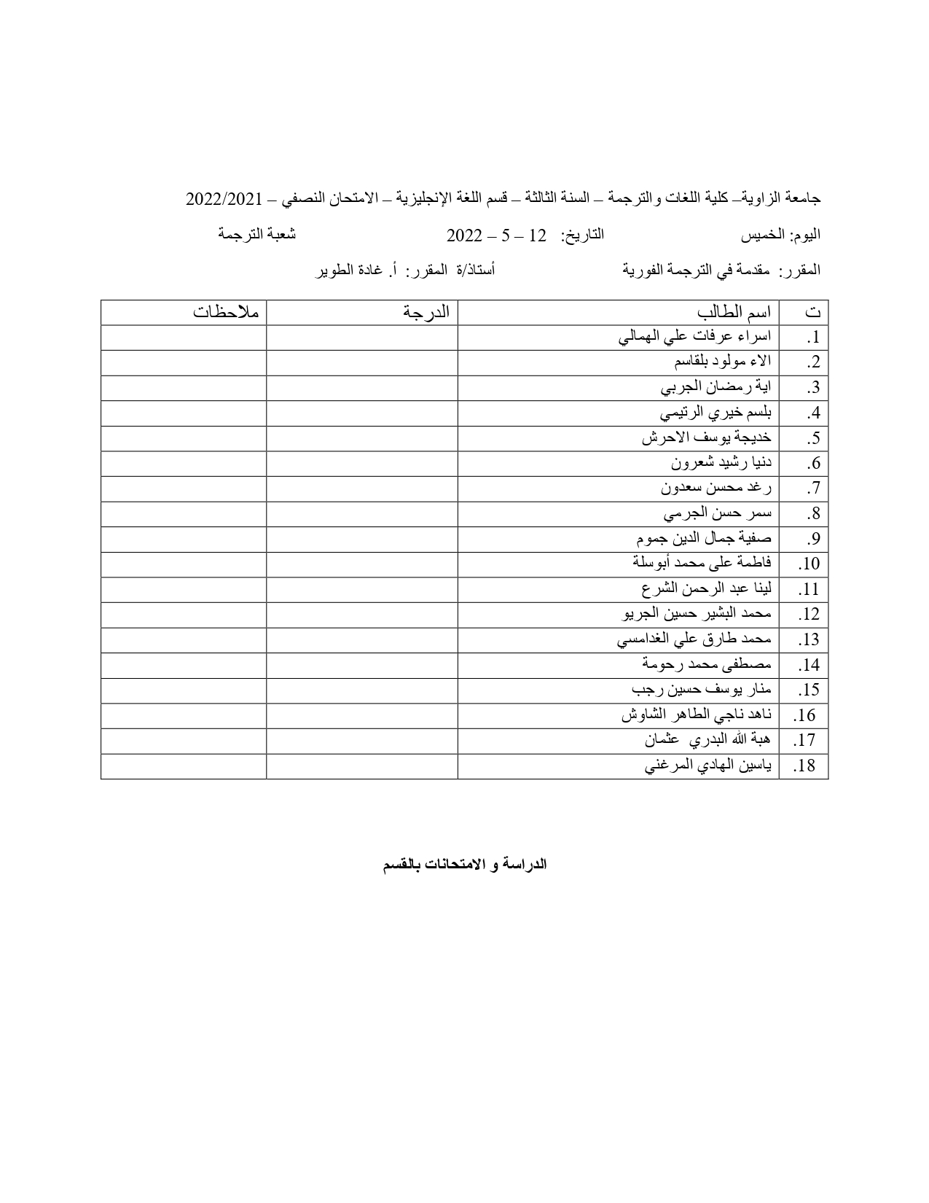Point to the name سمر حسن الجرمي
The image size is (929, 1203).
(717, 513)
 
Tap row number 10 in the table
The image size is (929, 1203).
(809, 564)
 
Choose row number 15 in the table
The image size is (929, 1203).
(809, 690)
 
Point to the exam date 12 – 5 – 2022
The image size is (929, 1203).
(496, 235)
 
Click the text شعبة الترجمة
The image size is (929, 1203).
(257, 234)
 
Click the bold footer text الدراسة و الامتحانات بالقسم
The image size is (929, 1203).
(465, 865)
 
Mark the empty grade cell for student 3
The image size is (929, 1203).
(362, 388)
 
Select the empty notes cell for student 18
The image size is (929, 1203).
(184, 766)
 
